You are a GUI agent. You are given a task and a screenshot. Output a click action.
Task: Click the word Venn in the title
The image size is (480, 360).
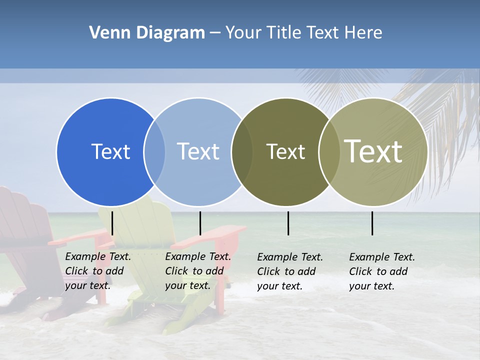(106, 33)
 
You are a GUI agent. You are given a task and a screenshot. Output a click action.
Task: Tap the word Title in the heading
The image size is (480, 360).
(283, 33)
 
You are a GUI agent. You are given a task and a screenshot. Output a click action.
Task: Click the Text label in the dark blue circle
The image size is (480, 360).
(110, 151)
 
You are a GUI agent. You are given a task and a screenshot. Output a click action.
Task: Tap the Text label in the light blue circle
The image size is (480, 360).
(198, 151)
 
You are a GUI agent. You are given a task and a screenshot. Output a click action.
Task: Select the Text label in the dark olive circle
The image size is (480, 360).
(285, 151)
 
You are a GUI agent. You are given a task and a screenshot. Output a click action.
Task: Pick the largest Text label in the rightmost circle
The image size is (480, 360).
(373, 151)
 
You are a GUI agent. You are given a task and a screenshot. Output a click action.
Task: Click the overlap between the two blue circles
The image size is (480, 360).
(154, 152)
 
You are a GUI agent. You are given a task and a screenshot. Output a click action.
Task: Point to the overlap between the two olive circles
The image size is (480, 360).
(329, 152)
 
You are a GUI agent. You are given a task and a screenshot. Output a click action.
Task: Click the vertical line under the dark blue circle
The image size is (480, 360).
(112, 223)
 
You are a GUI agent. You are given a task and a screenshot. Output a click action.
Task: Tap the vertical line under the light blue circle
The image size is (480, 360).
(200, 223)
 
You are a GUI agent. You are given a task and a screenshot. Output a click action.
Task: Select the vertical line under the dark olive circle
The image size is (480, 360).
(288, 223)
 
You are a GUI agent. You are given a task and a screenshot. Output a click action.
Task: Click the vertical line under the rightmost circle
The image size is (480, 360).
(372, 223)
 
